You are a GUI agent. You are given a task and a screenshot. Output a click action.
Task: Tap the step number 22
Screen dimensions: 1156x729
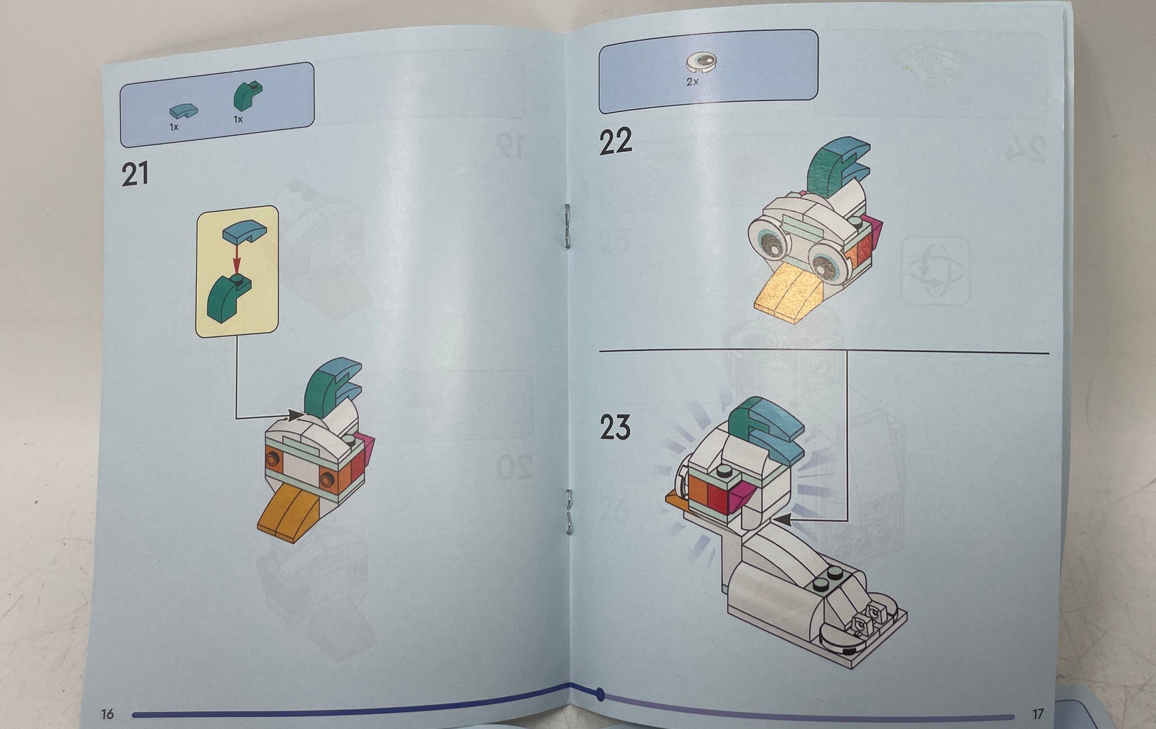pyautogui.click(x=615, y=141)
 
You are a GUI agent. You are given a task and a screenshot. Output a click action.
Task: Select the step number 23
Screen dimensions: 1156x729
pyautogui.click(x=615, y=427)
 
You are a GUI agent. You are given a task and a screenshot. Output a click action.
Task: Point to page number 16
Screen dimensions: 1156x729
pyautogui.click(x=107, y=714)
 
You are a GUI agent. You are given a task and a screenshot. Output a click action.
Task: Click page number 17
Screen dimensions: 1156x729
pyautogui.click(x=1037, y=714)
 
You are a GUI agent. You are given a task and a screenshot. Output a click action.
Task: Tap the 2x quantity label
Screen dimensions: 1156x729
pyautogui.click(x=693, y=81)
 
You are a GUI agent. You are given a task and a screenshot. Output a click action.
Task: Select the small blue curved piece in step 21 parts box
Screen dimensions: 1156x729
pyautogui.click(x=184, y=110)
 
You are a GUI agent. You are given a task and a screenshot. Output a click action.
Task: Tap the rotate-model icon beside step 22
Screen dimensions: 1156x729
pyautogui.click(x=935, y=271)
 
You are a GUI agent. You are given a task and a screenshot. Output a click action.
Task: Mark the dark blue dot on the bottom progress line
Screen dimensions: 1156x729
pyautogui.click(x=600, y=693)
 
